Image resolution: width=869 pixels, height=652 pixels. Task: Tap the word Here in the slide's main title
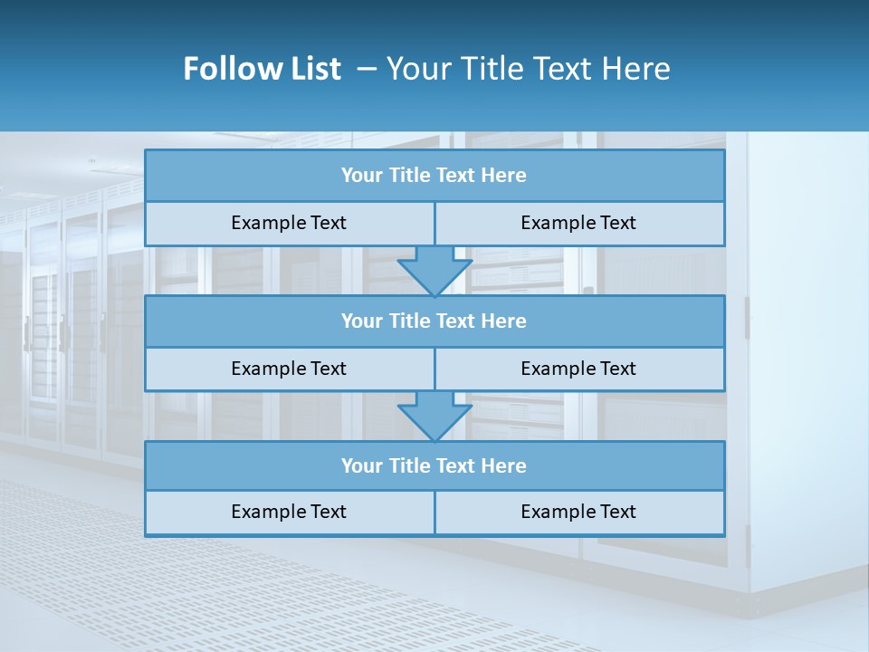click(x=635, y=69)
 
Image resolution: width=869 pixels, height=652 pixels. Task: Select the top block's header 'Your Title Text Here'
click(x=434, y=176)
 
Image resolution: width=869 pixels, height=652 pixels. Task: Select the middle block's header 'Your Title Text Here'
click(x=434, y=321)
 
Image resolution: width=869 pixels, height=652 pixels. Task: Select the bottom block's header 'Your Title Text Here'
click(x=434, y=466)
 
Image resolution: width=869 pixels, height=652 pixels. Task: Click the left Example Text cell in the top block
click(x=289, y=223)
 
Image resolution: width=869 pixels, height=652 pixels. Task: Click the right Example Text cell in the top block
click(x=578, y=223)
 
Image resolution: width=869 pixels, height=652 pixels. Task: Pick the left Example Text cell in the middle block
click(x=289, y=369)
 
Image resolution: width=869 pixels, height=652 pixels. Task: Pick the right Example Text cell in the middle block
click(x=578, y=369)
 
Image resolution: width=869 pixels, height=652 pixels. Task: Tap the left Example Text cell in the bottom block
click(x=289, y=512)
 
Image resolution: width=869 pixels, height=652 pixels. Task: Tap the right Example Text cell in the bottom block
click(x=578, y=512)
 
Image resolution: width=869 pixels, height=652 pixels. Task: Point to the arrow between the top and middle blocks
click(x=434, y=270)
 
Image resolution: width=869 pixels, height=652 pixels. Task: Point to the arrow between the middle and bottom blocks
click(x=434, y=416)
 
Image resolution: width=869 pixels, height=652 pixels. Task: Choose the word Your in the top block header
click(x=362, y=176)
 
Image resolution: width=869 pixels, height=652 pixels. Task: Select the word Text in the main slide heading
click(x=563, y=69)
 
